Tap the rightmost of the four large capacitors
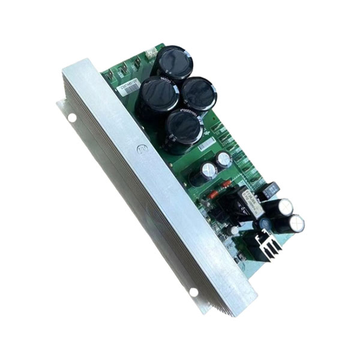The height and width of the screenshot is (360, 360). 199,93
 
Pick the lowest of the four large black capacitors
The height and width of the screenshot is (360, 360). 183,128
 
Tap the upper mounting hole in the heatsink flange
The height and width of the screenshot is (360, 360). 72,118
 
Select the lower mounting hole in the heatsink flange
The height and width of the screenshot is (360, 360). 194,292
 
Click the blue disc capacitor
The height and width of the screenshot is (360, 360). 264,224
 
